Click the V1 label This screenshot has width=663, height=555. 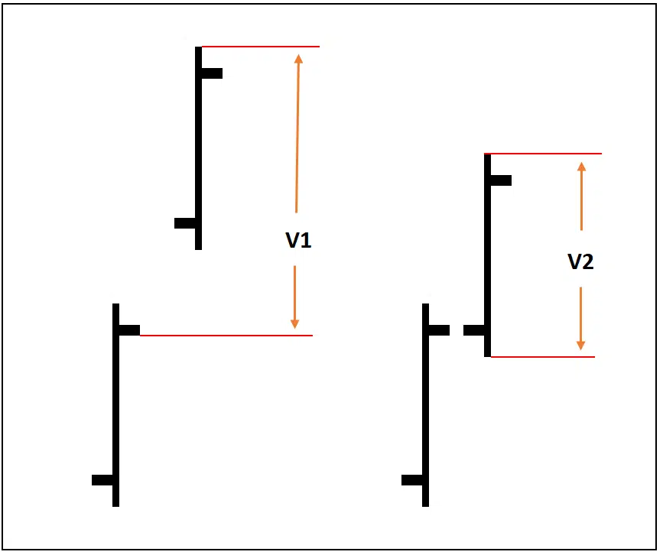pos(298,240)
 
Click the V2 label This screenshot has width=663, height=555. pos(580,261)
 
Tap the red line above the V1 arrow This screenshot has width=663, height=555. pos(260,47)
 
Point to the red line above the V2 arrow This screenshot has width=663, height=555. pos(544,154)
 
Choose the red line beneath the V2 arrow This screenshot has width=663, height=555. pos(542,356)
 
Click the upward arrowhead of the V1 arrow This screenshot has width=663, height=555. pos(298,60)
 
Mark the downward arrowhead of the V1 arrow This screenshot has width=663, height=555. pos(295,323)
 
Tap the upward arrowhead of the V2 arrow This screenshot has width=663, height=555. pos(581,167)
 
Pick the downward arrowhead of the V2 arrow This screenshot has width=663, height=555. pos(580,344)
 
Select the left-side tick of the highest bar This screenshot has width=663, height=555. pos(185,223)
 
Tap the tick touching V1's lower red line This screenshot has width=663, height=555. pos(129,330)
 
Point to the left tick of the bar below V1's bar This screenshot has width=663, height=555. pos(102,480)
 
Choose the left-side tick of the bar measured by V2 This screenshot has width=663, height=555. pos(474,330)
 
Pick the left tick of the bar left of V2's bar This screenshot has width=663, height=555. pos(412,480)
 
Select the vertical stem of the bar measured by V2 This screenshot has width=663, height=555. pos(487,252)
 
